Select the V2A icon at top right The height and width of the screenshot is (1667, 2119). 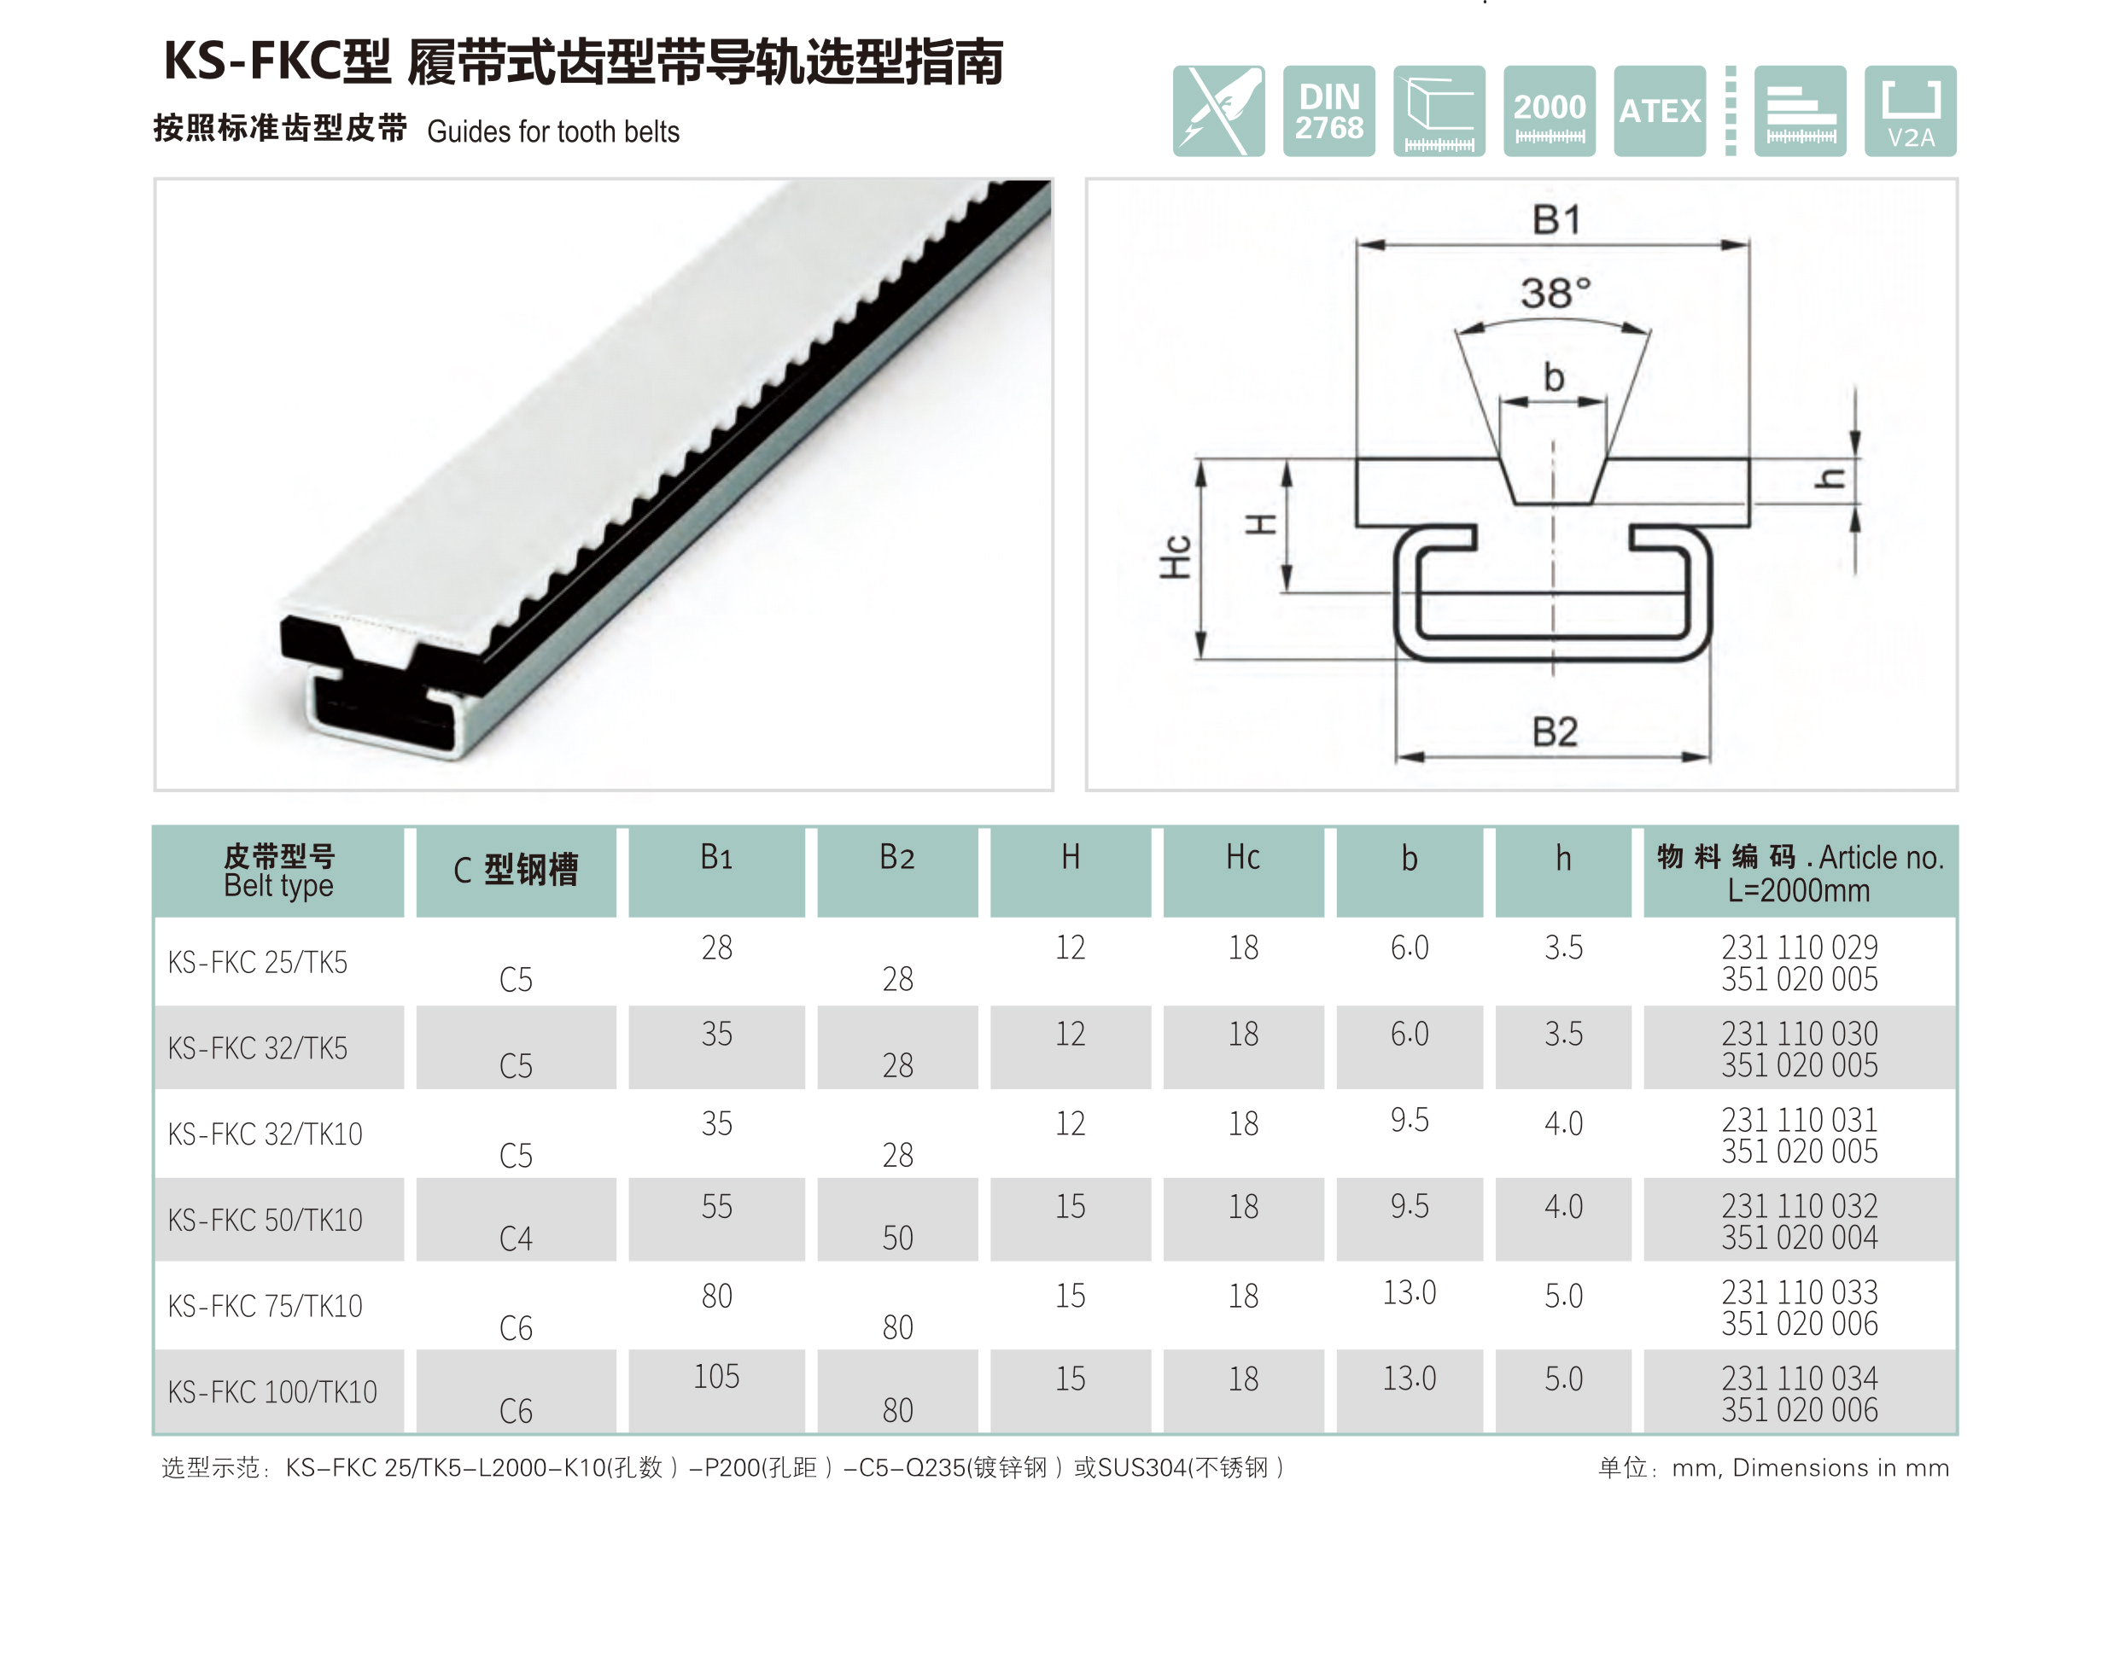click(1909, 111)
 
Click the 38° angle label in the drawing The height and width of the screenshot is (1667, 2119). click(1555, 293)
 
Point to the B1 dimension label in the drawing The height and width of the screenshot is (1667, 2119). click(1555, 219)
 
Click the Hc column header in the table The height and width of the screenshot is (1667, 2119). click(1242, 857)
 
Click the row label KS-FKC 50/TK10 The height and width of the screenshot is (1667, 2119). click(265, 1220)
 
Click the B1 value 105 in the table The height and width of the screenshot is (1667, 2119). click(715, 1377)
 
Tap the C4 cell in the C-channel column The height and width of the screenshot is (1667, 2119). click(516, 1239)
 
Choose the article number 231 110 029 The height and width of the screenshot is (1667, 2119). click(1798, 947)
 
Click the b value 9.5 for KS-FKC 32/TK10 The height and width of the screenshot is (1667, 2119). click(1409, 1121)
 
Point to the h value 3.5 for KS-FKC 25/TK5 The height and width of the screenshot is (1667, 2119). click(1562, 947)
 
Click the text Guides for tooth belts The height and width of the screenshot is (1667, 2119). click(552, 131)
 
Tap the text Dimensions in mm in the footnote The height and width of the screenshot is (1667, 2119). click(1839, 1468)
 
